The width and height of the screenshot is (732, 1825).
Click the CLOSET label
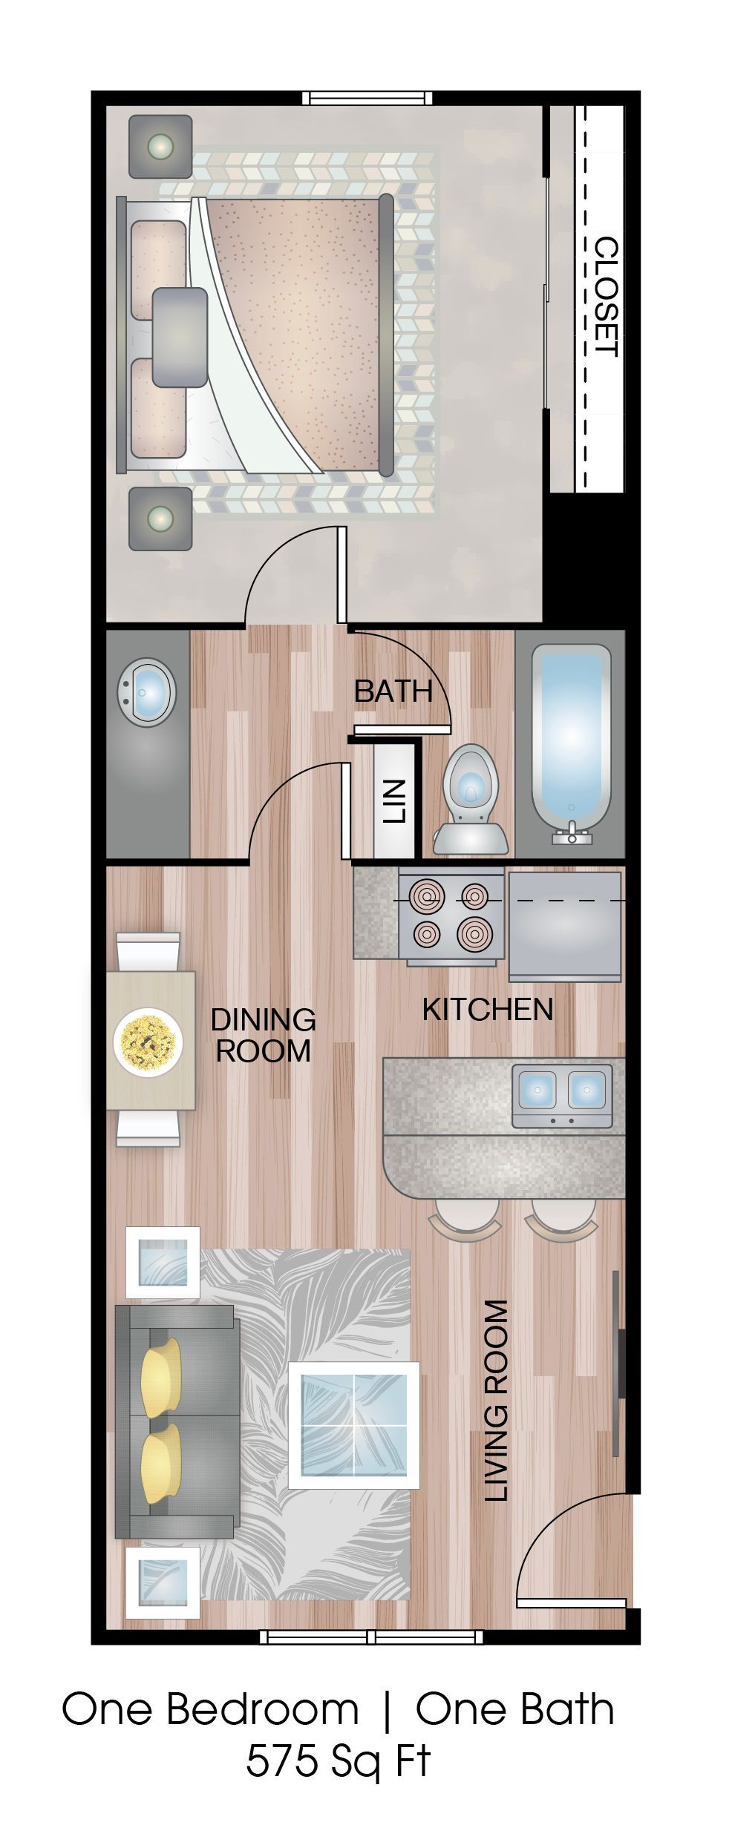tap(607, 297)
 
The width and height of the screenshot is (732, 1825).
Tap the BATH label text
tap(393, 691)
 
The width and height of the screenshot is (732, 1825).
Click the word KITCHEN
tap(488, 1009)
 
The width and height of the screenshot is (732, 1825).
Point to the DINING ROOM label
tap(263, 1035)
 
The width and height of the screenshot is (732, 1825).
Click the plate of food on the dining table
tap(148, 1040)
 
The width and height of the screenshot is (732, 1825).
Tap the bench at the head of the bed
tap(180, 337)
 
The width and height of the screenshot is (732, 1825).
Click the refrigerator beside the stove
tap(564, 927)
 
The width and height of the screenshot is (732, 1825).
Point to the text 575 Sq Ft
tap(338, 1775)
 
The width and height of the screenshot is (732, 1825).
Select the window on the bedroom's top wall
tap(367, 98)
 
